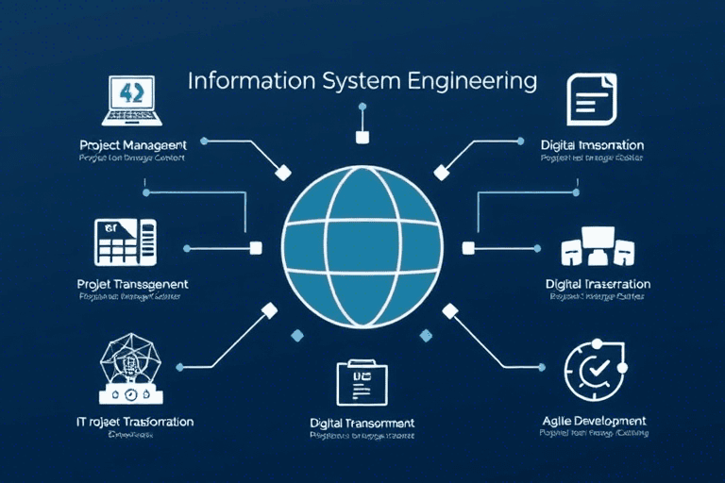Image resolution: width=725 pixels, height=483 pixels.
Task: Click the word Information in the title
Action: pyautogui.click(x=238, y=80)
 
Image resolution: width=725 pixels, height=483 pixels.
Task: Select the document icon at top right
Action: pyautogui.click(x=589, y=98)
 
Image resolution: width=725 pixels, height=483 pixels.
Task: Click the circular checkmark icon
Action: pyautogui.click(x=593, y=374)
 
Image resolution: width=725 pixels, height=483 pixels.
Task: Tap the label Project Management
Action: pyautogui.click(x=133, y=145)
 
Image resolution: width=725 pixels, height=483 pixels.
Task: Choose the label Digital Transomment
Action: pyautogui.click(x=362, y=423)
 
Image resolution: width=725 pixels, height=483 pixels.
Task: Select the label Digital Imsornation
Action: pyautogui.click(x=592, y=145)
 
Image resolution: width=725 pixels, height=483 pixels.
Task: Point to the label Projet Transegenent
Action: pyautogui.click(x=132, y=283)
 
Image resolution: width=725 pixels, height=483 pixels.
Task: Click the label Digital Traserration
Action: pyautogui.click(x=598, y=283)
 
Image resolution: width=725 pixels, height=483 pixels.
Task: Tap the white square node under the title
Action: pyautogui.click(x=362, y=138)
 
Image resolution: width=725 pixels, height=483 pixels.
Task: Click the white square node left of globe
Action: pyautogui.click(x=254, y=248)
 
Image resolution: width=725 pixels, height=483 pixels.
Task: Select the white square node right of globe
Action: pyautogui.click(x=468, y=248)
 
